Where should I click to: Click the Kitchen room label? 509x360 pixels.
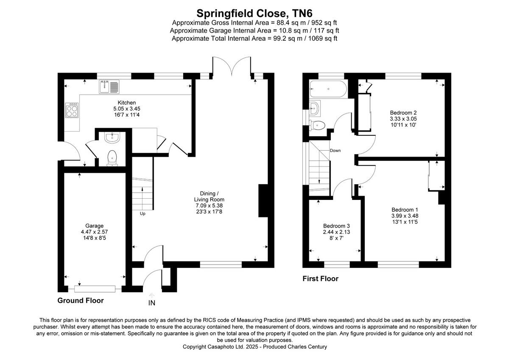click(x=127, y=103)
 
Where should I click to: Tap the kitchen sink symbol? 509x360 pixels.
click(x=110, y=87)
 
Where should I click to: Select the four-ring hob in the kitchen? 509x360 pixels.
click(x=72, y=111)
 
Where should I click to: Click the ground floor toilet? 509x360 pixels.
click(x=112, y=158)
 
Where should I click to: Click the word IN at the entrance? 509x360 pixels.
click(x=152, y=303)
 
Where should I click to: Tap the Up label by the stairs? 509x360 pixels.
click(x=143, y=214)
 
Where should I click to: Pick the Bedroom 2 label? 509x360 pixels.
click(x=400, y=112)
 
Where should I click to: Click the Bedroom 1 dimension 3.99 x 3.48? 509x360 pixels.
click(x=405, y=216)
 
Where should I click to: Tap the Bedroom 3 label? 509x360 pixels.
click(x=336, y=226)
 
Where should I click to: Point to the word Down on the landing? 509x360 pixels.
click(x=335, y=151)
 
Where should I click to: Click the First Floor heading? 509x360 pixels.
click(x=320, y=279)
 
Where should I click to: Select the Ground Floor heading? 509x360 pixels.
click(x=80, y=301)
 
